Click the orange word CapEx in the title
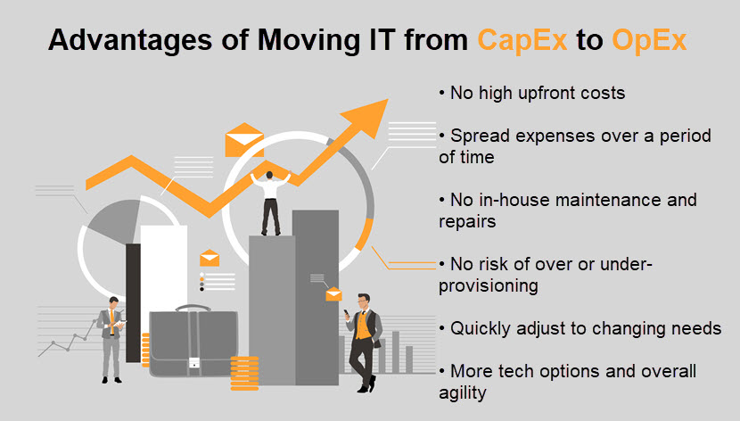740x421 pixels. point(522,40)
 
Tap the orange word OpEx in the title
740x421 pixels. point(649,40)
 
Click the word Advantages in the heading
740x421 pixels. point(130,40)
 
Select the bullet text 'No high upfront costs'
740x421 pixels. point(538,93)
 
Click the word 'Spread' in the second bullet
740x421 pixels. point(480,136)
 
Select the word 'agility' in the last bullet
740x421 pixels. point(463,392)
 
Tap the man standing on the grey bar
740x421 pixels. point(270,203)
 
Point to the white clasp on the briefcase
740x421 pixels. point(193,363)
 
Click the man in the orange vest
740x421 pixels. point(364,343)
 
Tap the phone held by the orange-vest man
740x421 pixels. point(347,313)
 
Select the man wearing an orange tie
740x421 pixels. point(111,339)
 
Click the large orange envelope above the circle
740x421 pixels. point(244,140)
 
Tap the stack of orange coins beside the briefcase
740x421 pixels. point(244,374)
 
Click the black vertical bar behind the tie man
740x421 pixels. point(133,303)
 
